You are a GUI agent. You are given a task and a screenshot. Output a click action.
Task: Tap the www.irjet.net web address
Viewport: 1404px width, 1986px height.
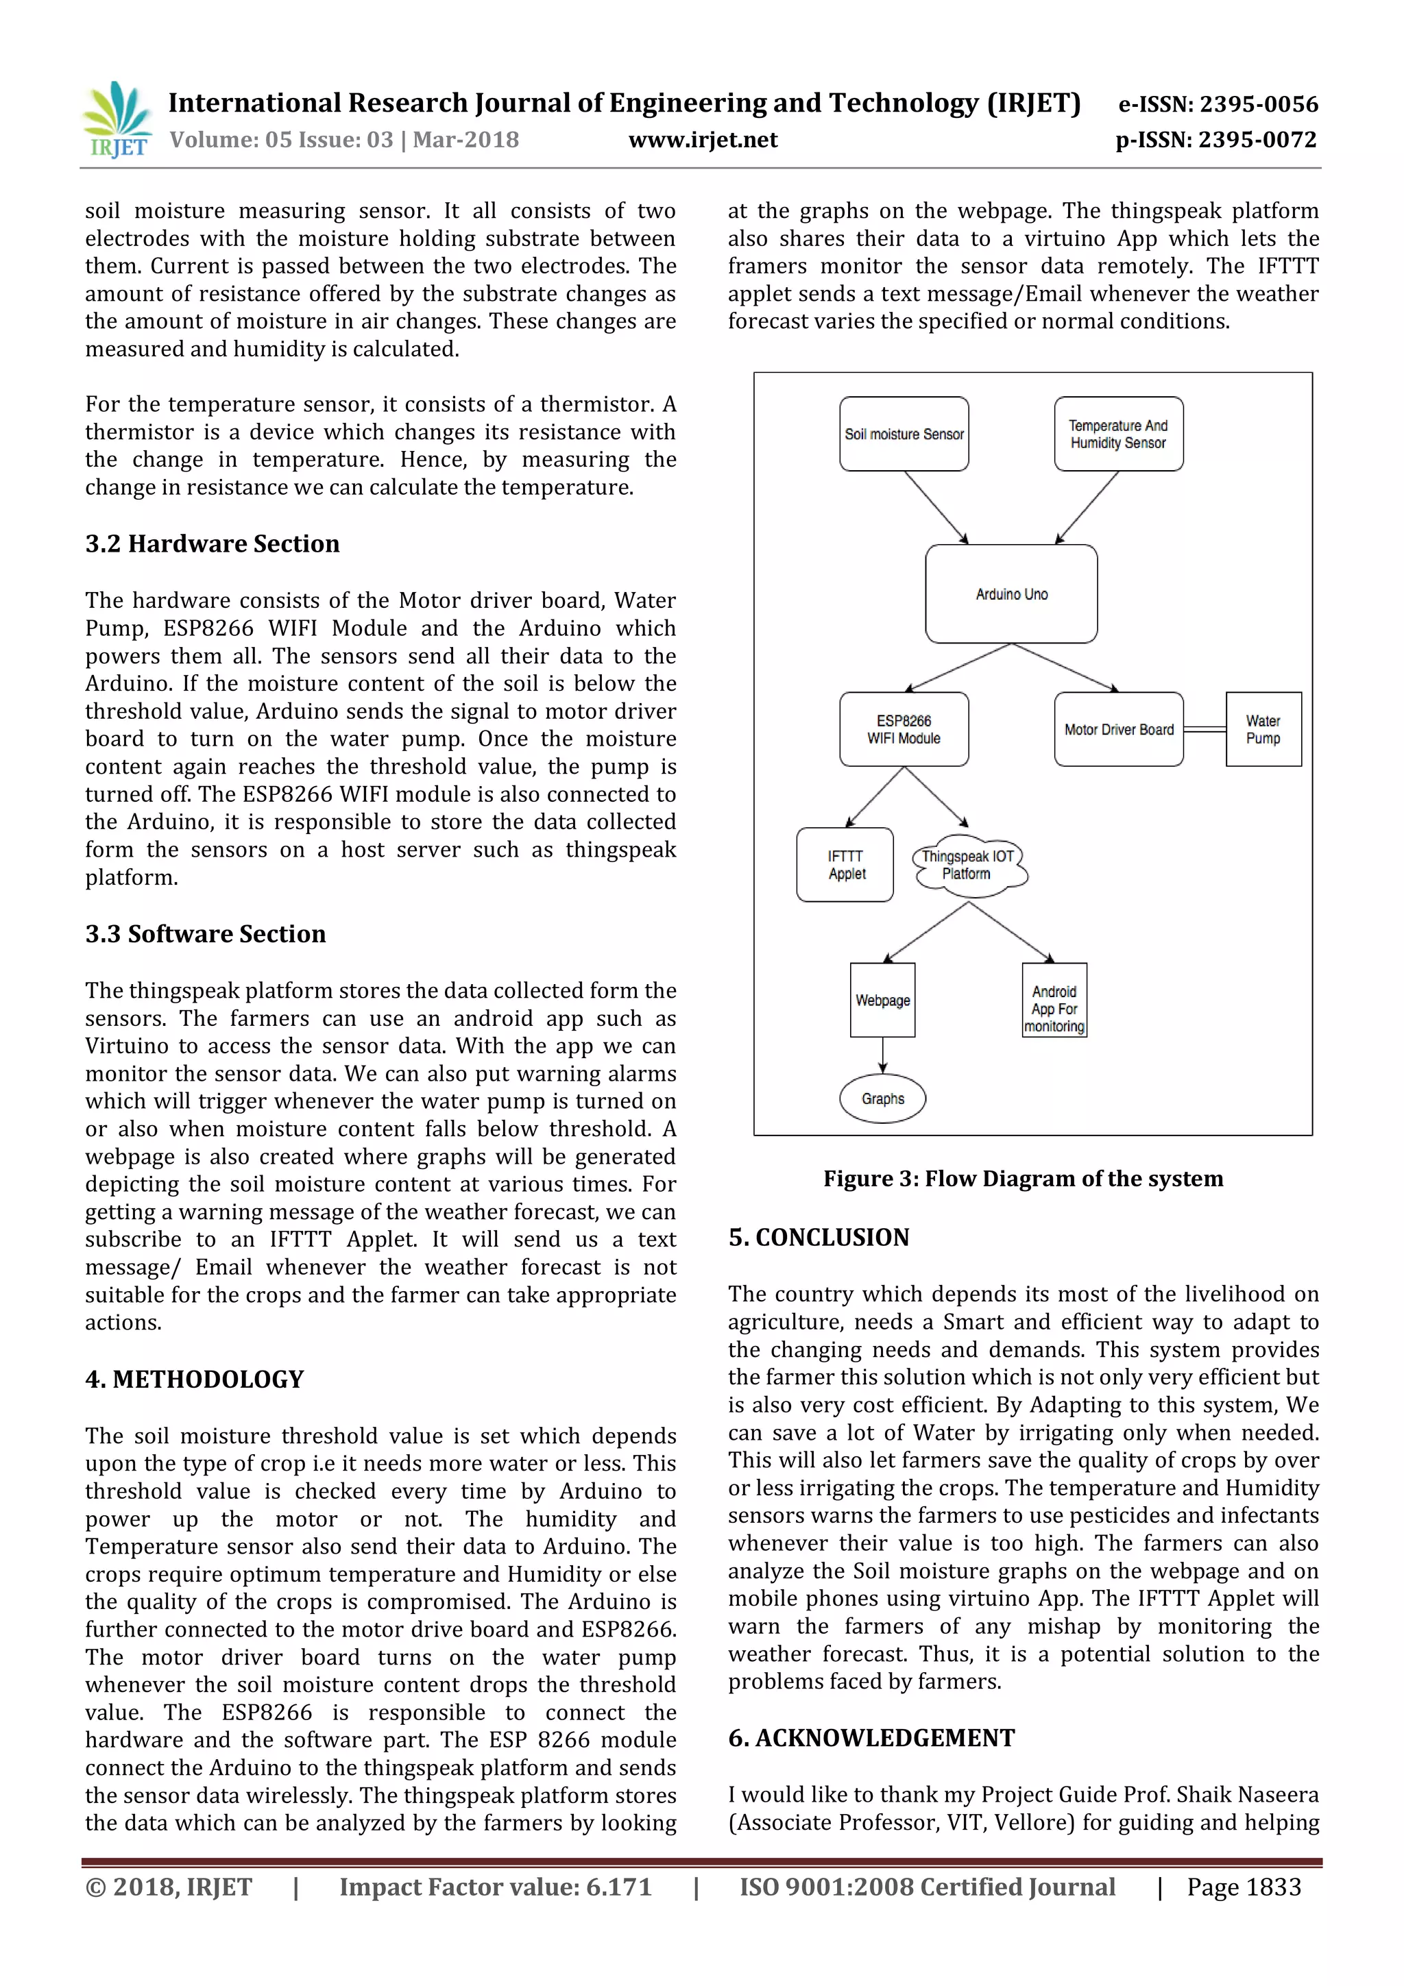(703, 140)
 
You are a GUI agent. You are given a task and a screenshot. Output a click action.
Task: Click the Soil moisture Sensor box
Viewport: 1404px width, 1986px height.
(904, 434)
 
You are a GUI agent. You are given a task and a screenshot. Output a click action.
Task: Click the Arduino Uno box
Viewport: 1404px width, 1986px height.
(1011, 594)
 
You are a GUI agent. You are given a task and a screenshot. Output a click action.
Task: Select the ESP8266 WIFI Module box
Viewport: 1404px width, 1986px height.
(904, 729)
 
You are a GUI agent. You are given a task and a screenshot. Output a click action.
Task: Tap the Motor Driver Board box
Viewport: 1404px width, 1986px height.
(1119, 729)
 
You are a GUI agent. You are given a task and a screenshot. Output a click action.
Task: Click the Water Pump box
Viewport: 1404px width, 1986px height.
(1263, 729)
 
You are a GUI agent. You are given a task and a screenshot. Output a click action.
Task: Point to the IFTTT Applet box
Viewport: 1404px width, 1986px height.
(845, 865)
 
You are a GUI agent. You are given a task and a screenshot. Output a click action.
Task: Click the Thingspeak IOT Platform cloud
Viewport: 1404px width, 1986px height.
(968, 865)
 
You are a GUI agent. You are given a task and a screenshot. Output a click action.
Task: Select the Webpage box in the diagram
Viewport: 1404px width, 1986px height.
(882, 1000)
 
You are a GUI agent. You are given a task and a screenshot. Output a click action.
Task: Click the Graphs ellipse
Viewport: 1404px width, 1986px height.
(882, 1099)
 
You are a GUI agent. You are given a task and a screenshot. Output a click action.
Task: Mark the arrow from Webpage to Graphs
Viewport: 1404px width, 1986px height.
(882, 1055)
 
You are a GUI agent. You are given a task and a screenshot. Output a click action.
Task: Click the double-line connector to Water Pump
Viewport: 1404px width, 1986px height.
(1205, 729)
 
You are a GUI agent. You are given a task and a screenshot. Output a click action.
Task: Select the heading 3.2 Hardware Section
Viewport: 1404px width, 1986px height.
(212, 544)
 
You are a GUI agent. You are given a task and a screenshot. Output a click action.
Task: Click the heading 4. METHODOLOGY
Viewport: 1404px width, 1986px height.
(195, 1379)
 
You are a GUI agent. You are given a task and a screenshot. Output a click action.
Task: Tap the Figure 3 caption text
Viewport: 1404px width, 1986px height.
(1023, 1179)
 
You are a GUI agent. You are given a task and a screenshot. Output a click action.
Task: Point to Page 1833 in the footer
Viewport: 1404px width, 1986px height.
(1243, 1887)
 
